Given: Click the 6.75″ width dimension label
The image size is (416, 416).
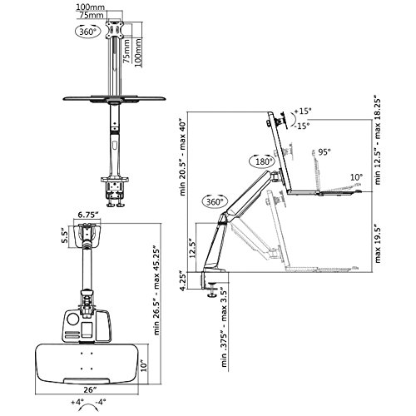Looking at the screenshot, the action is (x=88, y=215).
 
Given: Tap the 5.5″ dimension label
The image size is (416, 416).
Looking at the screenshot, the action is (x=64, y=235).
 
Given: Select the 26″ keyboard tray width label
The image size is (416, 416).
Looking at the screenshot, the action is (x=88, y=389).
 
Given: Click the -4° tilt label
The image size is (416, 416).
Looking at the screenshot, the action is (x=101, y=402).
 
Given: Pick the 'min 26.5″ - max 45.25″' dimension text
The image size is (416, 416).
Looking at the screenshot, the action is (x=156, y=290).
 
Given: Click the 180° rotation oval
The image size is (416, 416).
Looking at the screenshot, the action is (x=261, y=161).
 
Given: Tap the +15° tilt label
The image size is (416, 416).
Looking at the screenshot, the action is (x=303, y=111).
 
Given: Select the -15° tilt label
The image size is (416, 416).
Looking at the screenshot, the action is (x=301, y=126).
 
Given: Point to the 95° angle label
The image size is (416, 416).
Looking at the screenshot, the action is (x=324, y=152).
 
